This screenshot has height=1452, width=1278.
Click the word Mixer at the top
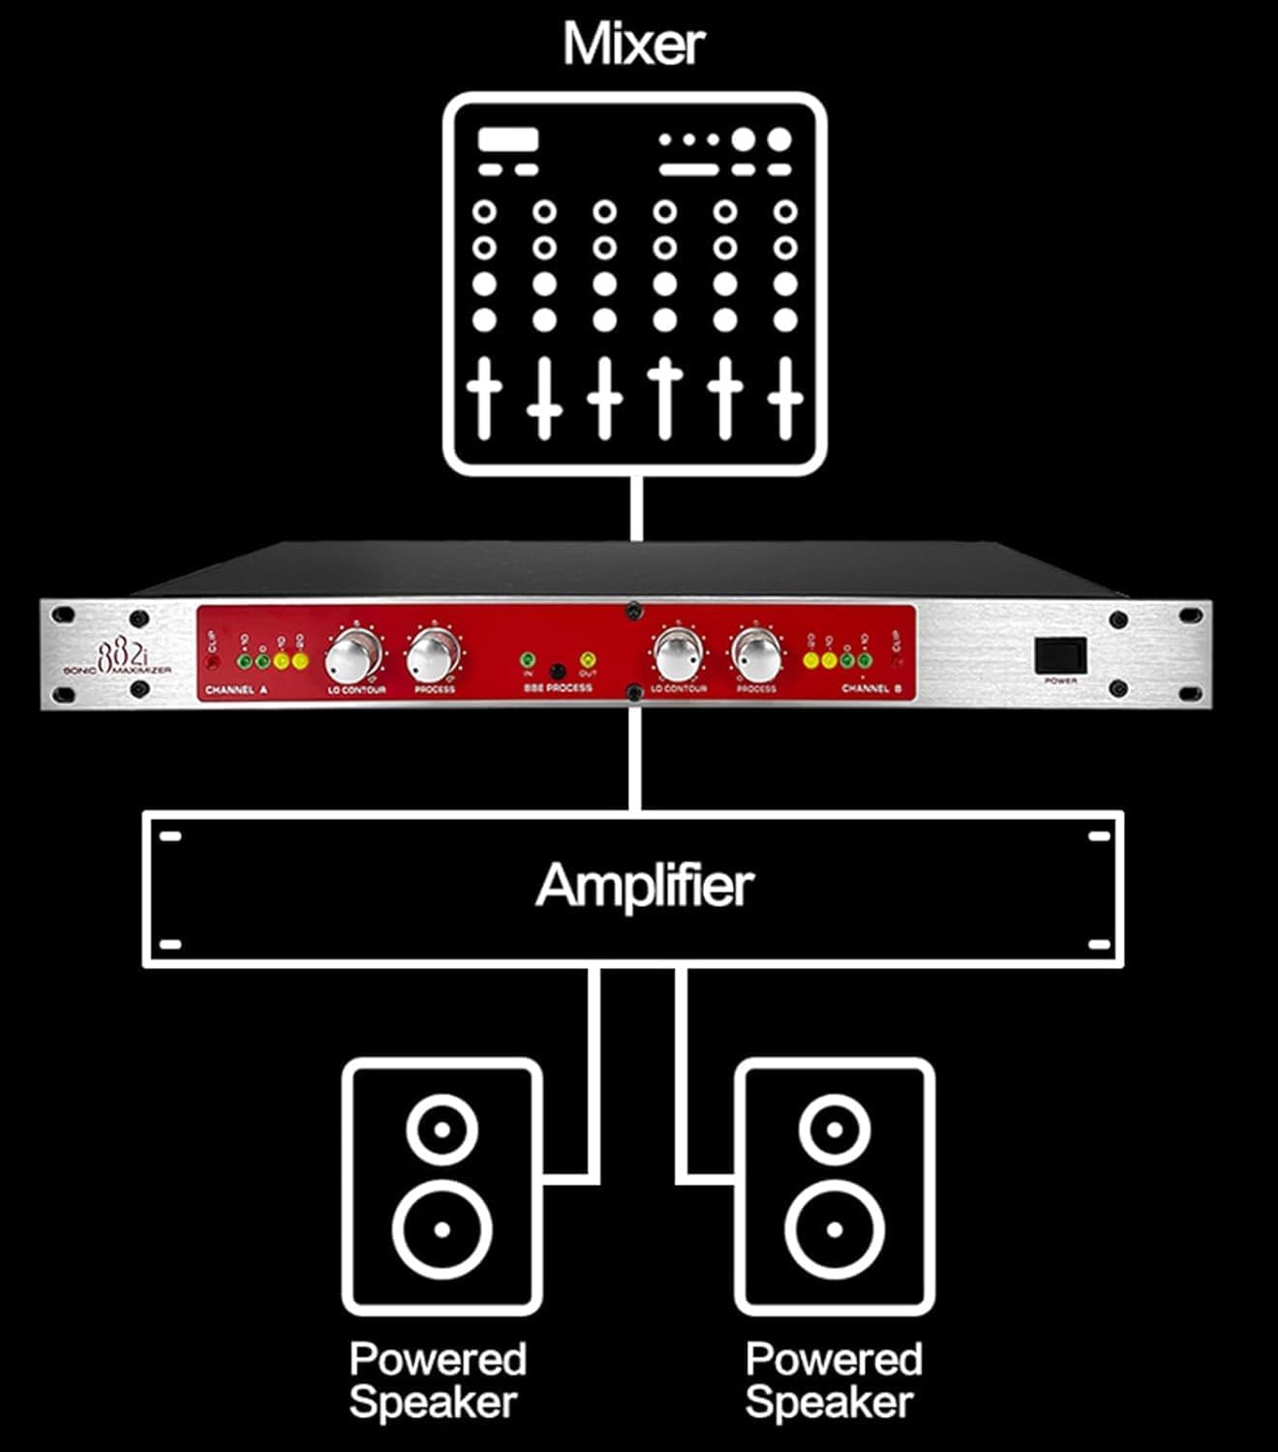tap(634, 44)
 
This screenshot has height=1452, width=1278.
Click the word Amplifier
tap(644, 885)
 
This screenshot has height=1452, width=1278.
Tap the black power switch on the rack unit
tap(1060, 655)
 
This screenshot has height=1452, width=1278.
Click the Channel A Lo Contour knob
tap(351, 657)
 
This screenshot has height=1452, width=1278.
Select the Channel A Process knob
tap(432, 657)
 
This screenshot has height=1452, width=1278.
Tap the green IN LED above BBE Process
tap(528, 659)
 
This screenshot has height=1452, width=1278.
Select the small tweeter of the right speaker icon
tap(834, 1129)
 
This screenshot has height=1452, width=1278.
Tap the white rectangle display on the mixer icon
tap(508, 139)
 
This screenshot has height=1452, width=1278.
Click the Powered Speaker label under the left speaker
tap(437, 1380)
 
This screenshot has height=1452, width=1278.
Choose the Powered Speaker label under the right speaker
tap(833, 1380)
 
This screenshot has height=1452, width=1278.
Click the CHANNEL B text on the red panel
tap(871, 689)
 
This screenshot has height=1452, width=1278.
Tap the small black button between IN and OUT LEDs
tap(558, 671)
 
